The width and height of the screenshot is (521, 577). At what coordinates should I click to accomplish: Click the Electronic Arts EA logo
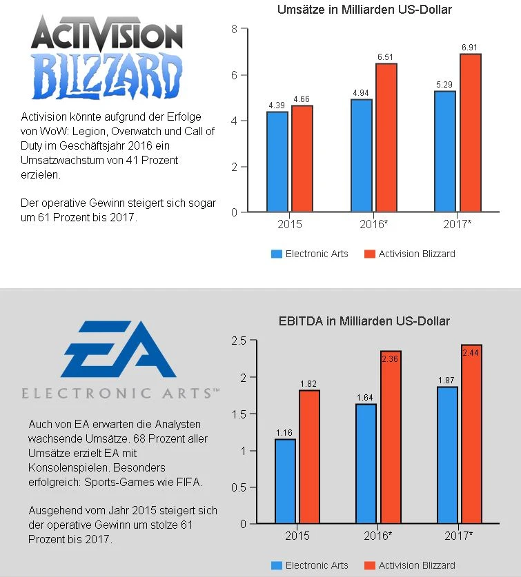[117, 351]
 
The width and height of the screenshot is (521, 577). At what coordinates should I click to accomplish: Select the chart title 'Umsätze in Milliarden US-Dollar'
[364, 10]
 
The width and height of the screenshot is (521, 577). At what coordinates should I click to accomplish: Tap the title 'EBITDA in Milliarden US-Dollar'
[364, 321]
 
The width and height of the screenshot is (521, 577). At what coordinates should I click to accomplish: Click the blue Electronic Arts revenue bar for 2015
[277, 161]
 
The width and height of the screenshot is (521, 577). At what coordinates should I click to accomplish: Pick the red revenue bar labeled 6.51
[386, 137]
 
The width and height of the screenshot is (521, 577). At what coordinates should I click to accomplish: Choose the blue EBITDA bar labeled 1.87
[447, 455]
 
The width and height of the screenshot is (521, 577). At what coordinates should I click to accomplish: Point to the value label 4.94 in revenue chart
[361, 92]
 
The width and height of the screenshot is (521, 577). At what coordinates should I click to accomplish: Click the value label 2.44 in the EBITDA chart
[471, 352]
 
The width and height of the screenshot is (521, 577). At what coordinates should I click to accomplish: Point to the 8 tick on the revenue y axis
[235, 29]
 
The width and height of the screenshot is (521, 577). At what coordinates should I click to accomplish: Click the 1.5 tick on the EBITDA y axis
[239, 414]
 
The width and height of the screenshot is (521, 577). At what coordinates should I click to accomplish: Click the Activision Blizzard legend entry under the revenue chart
[410, 254]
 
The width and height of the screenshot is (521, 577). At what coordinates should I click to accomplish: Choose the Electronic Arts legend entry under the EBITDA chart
[310, 565]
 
